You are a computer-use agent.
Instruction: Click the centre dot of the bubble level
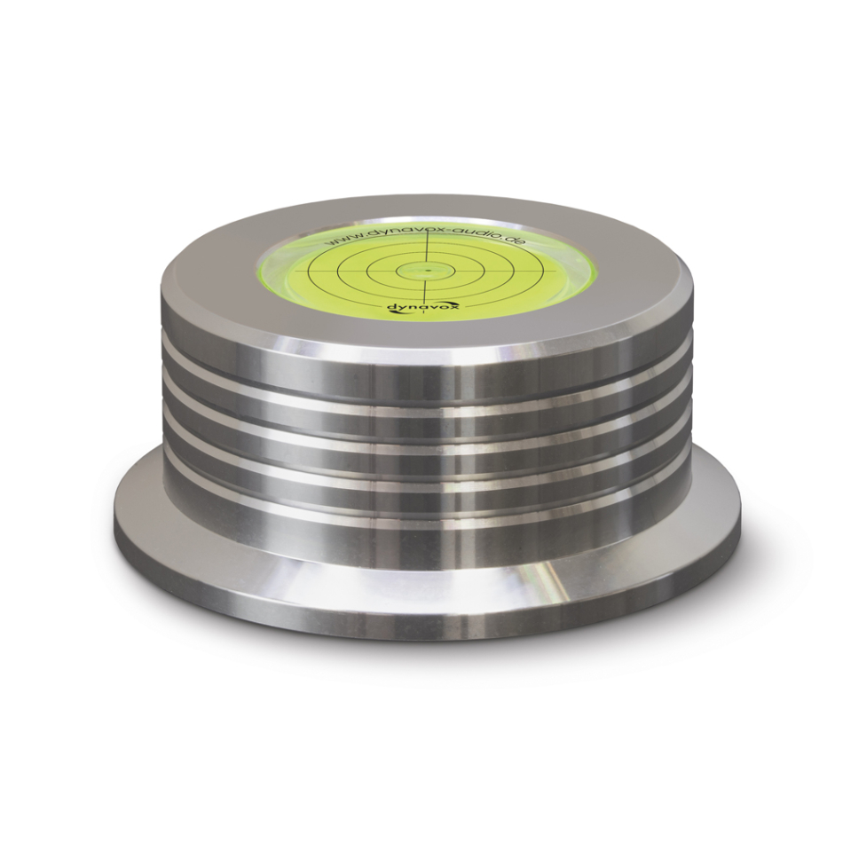pos(428,270)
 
